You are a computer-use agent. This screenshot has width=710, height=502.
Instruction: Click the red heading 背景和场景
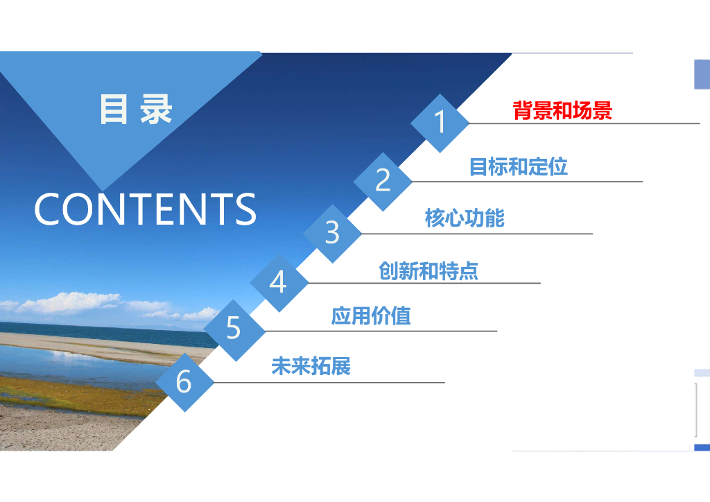pos(562,110)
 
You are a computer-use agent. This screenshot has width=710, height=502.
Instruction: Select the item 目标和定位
pos(519,166)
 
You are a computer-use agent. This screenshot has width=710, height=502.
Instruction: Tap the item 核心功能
pos(465,218)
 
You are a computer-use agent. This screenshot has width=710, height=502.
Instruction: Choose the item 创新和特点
pos(428,270)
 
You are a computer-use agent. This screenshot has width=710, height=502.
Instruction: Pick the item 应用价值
pos(371,315)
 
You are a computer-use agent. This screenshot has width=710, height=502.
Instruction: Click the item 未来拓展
pos(311,365)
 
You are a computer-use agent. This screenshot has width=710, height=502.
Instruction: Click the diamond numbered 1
pos(440,123)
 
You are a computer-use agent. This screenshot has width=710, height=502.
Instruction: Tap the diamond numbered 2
pos(383,182)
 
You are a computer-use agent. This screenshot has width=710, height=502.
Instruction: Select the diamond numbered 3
pos(332,234)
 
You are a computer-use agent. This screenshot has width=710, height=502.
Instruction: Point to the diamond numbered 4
pos(279,283)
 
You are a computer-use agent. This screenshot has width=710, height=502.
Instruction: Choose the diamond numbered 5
pos(234,331)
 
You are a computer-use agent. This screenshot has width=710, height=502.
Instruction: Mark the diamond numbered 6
pos(184,383)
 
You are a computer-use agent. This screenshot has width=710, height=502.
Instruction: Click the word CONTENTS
pos(145,209)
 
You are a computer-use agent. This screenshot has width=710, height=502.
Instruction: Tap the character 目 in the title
pos(113,109)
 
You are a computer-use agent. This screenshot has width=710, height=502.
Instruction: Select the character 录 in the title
pos(156,109)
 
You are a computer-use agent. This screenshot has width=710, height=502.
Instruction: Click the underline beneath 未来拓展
pos(329,383)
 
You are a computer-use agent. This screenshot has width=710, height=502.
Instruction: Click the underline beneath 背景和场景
pos(584,123)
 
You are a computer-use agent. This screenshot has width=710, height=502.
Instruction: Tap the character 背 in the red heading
pos(523,110)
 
